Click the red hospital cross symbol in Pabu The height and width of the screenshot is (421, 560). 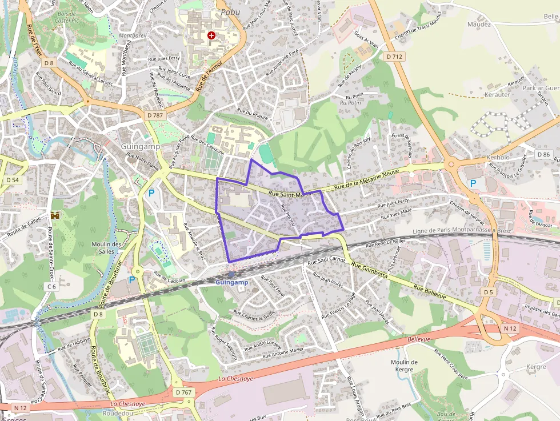(211, 35)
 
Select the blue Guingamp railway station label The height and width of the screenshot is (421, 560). (231, 282)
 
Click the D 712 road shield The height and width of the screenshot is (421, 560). (394, 57)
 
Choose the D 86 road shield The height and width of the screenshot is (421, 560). (543, 155)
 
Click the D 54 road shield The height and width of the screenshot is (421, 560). (12, 180)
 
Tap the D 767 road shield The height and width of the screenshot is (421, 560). (184, 392)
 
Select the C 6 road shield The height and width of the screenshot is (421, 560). (52, 286)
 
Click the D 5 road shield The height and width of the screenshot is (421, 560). (487, 292)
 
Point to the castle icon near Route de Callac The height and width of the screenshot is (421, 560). (55, 215)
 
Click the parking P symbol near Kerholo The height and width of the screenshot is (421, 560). (473, 183)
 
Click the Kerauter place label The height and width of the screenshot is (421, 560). (497, 95)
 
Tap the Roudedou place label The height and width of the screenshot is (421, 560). (118, 412)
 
